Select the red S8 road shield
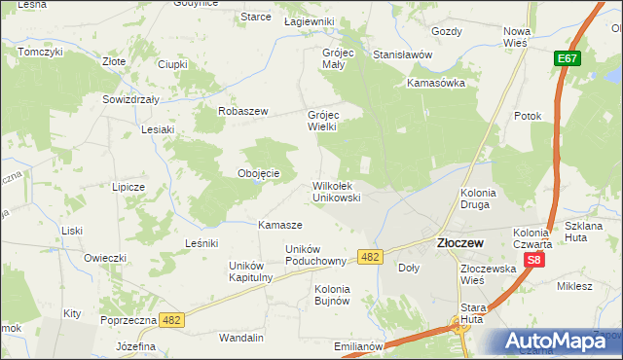tap(533, 261)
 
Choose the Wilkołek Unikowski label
tap(337, 191)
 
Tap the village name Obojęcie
tap(259, 173)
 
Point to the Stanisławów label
tap(402, 54)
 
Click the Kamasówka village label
tap(437, 83)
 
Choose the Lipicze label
tap(128, 186)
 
